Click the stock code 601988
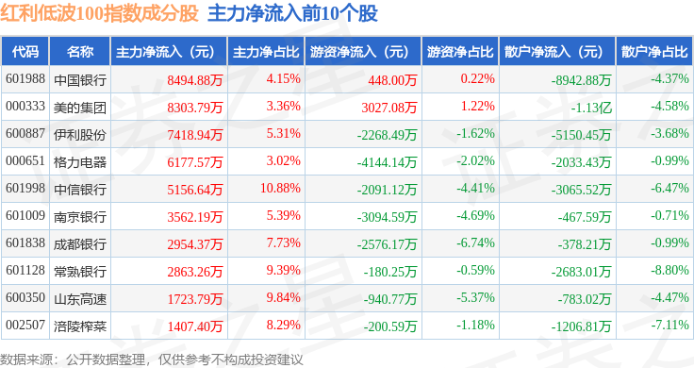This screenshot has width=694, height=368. click(x=25, y=79)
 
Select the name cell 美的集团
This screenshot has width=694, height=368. click(x=80, y=108)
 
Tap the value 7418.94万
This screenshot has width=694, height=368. click(x=195, y=135)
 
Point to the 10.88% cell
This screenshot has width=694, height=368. click(x=280, y=188)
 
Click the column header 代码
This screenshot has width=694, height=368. click(x=25, y=52)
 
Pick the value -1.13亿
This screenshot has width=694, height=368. click(x=591, y=108)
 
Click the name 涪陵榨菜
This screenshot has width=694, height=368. click(x=80, y=326)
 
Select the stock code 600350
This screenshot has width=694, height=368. click(x=25, y=297)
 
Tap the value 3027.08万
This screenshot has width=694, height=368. click(x=389, y=108)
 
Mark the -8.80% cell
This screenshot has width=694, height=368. click(x=669, y=270)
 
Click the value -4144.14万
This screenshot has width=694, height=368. click(x=387, y=162)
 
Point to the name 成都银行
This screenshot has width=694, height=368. click(x=80, y=244)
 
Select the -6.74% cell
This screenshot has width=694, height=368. click(x=475, y=243)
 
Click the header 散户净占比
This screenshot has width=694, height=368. click(x=654, y=52)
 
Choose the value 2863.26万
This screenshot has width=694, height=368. click(x=195, y=272)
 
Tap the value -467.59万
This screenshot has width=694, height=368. click(x=585, y=217)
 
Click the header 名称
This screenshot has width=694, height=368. click(x=80, y=52)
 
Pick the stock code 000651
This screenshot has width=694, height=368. click(x=25, y=160)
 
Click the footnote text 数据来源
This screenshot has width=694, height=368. click(x=26, y=360)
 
